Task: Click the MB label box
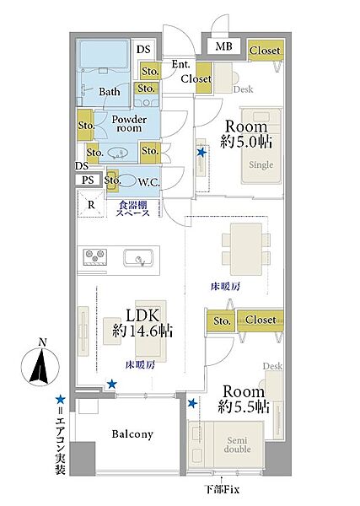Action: (224, 46)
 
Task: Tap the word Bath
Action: (110, 92)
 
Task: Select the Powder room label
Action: (129, 124)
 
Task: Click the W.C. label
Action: (148, 182)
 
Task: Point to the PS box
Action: (88, 180)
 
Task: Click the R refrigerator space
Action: (91, 204)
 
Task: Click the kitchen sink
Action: (139, 258)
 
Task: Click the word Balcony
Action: (132, 434)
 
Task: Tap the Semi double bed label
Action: (238, 444)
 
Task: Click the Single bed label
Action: (261, 165)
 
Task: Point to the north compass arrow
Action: (40, 367)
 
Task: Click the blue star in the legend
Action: (60, 400)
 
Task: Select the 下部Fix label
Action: (223, 489)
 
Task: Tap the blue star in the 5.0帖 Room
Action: (201, 153)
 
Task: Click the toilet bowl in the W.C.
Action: (126, 180)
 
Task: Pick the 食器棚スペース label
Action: (133, 208)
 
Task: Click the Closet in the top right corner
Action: (266, 50)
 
